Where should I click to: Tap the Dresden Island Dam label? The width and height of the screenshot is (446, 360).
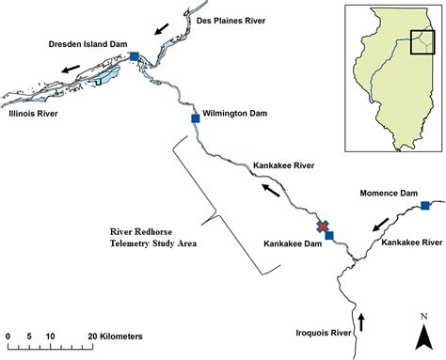click(88, 43)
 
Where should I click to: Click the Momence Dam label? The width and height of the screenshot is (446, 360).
click(389, 193)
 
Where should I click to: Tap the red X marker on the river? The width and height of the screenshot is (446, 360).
click(323, 227)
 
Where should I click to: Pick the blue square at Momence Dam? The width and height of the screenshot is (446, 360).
click(425, 205)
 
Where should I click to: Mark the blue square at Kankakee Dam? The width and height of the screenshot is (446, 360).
click(329, 235)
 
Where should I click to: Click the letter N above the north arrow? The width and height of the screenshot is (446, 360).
click(424, 315)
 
